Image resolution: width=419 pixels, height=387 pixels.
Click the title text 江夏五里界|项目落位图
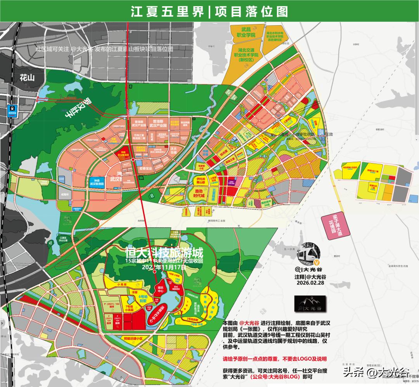click(209, 11)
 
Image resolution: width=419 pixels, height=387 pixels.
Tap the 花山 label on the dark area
click(27, 78)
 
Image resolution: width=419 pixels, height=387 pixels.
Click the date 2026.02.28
click(310, 283)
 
